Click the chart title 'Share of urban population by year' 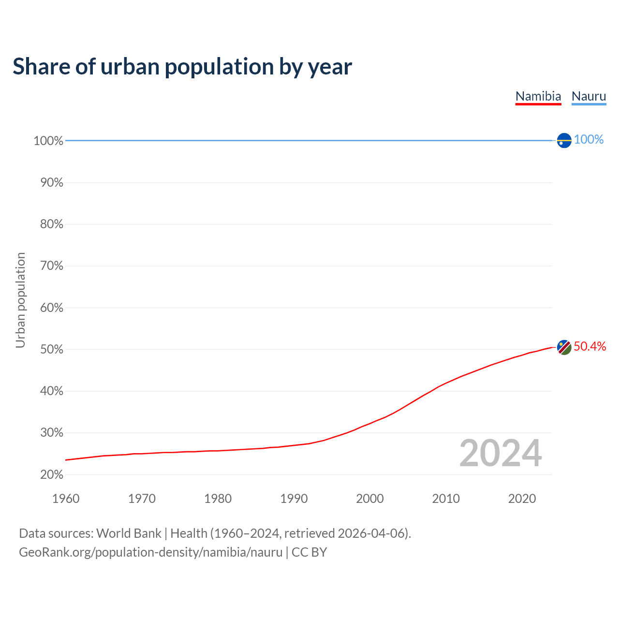pyautogui.click(x=182, y=67)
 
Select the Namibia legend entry pyautogui.click(x=538, y=96)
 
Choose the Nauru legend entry pyautogui.click(x=589, y=96)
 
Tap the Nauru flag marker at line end pyautogui.click(x=564, y=140)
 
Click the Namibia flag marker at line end pyautogui.click(x=564, y=347)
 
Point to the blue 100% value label pyautogui.click(x=589, y=140)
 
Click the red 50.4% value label pyautogui.click(x=590, y=346)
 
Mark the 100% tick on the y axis pyautogui.click(x=48, y=141)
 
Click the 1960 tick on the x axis pyautogui.click(x=66, y=499)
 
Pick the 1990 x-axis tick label pyautogui.click(x=294, y=499)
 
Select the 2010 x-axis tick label pyautogui.click(x=446, y=499)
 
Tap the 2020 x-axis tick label pyautogui.click(x=522, y=499)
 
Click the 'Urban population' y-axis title pyautogui.click(x=20, y=300)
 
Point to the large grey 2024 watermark pyautogui.click(x=501, y=454)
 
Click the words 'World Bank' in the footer pyautogui.click(x=129, y=533)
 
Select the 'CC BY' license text pyautogui.click(x=309, y=552)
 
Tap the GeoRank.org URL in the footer pyautogui.click(x=150, y=552)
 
